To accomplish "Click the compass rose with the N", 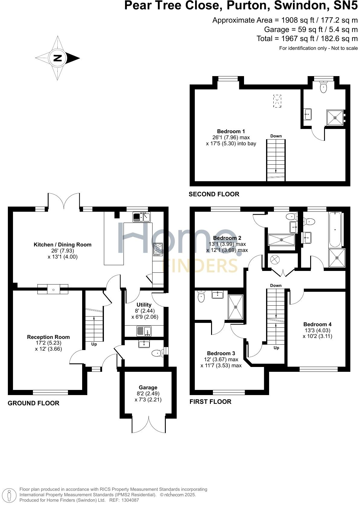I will pos(57,58).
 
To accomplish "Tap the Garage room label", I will pos(148,387).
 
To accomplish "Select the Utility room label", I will pos(144,305).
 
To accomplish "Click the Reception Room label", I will pos(48,337).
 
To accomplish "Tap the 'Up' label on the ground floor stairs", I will pos(94,344).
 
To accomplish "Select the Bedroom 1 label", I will pos(231,131).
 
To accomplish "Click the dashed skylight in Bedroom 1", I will pos(277,101).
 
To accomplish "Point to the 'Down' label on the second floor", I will pos(276,136).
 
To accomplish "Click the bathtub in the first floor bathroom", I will pos(335,230).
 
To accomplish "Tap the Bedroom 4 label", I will pos(317,324).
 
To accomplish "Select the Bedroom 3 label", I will pos(221,353).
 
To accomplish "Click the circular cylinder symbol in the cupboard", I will pos(275,259).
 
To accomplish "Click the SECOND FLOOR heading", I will pos(214,194).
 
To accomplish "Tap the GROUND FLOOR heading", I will pos(34,403).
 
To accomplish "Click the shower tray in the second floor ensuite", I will pos(335,117).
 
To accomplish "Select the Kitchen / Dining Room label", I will pos(63,245).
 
